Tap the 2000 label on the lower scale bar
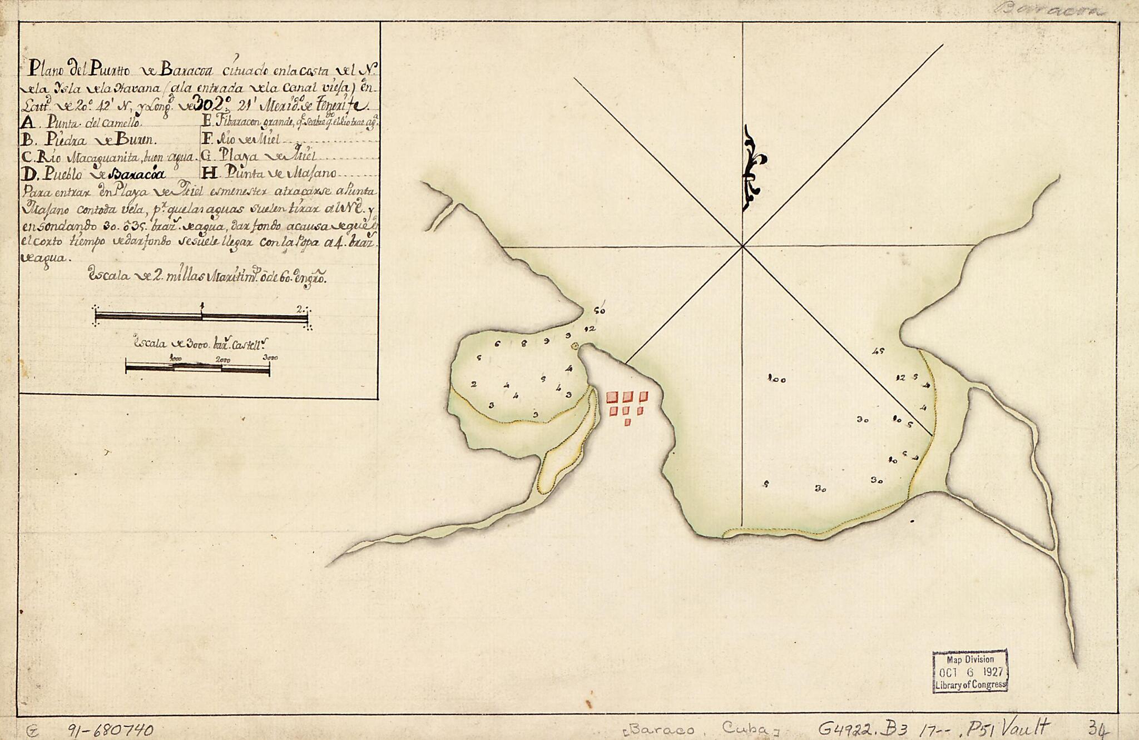coord(224,359)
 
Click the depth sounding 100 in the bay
coord(776,380)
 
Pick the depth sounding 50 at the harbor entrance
coord(599,311)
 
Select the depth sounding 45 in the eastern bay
coord(879,351)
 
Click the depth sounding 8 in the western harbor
coord(524,343)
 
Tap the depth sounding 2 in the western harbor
coord(473,384)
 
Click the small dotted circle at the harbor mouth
coord(575,346)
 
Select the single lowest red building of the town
coord(627,423)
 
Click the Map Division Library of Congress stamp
coord(970,671)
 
